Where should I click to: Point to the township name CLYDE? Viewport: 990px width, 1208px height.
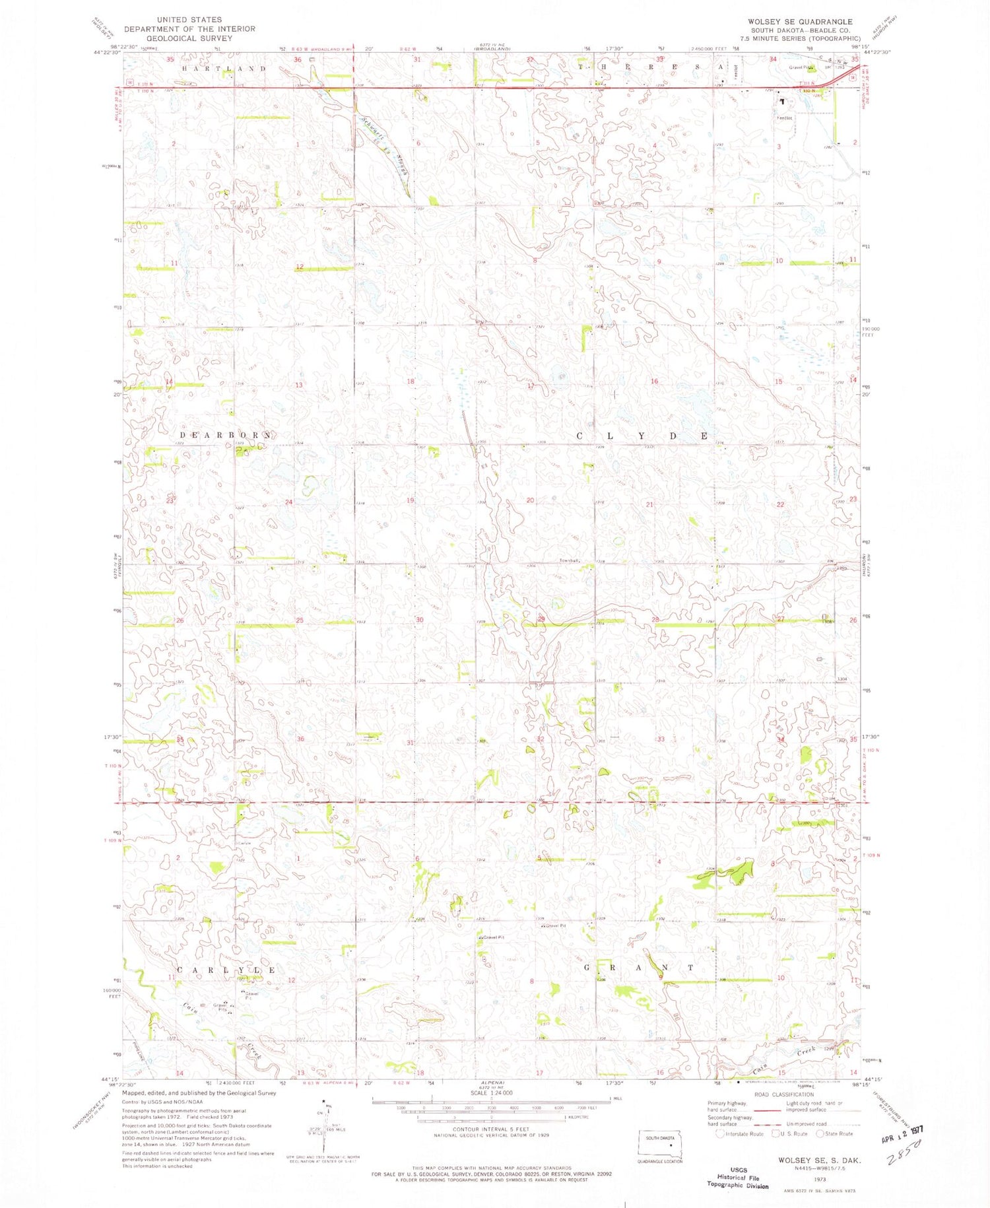coord(643,436)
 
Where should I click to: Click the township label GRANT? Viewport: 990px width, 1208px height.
coord(638,968)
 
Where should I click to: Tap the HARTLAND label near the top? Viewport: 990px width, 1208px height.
coord(224,69)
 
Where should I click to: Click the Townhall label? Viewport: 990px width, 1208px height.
coord(569,560)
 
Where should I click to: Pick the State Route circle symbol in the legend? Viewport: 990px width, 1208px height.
coord(820,1134)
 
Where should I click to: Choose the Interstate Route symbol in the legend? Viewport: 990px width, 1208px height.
coord(719,1134)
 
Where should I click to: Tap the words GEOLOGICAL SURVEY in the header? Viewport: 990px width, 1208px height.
coord(189,38)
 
